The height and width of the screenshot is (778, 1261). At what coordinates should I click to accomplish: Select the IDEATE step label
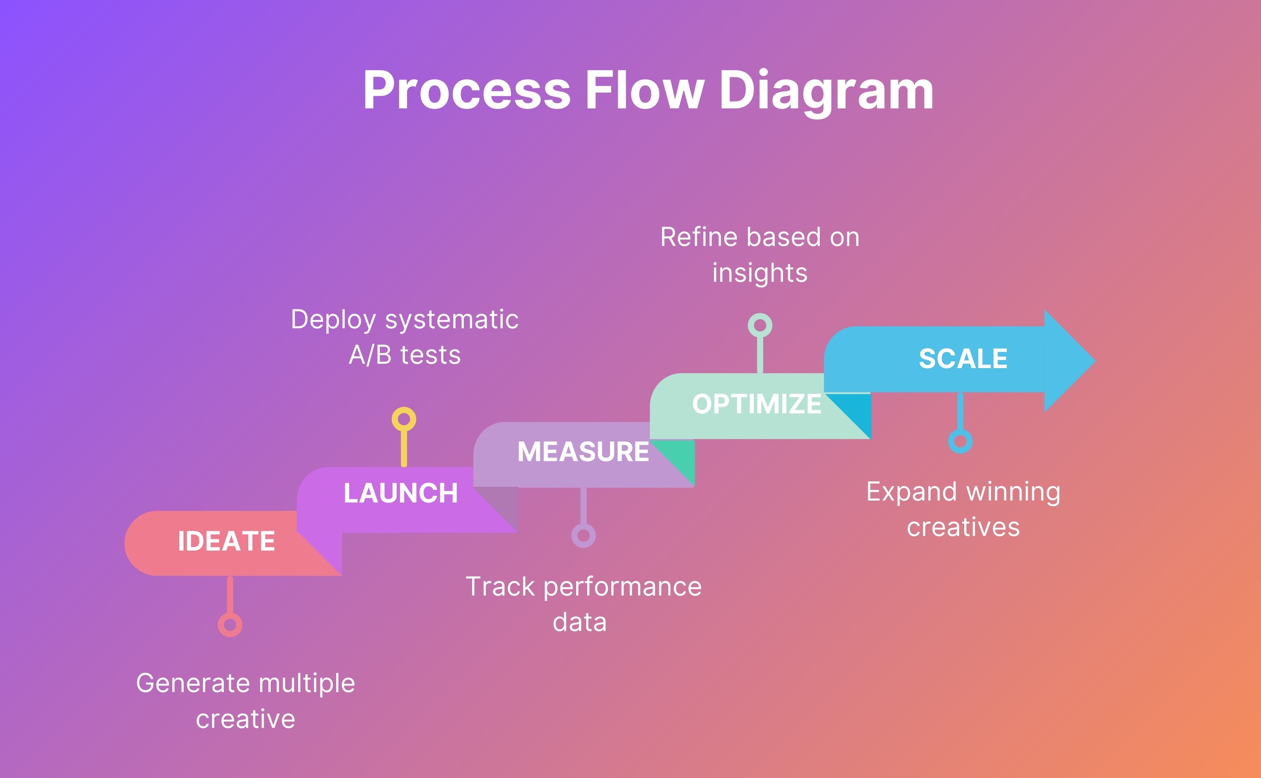pyautogui.click(x=226, y=541)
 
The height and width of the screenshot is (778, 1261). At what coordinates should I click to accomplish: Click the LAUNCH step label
pyautogui.click(x=401, y=493)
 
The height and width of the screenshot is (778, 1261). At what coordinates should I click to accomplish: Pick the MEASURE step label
pyautogui.click(x=583, y=452)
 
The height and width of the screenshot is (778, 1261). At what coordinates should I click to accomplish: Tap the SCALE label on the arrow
pyautogui.click(x=963, y=359)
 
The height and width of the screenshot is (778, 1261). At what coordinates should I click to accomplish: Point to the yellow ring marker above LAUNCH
pyautogui.click(x=404, y=419)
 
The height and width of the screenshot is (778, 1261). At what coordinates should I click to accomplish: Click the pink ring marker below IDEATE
pyautogui.click(x=230, y=625)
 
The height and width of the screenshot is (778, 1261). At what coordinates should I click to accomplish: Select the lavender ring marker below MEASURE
pyautogui.click(x=584, y=536)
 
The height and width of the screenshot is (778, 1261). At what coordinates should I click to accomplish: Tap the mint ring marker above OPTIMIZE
pyautogui.click(x=760, y=325)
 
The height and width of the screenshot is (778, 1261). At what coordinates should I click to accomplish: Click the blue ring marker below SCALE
pyautogui.click(x=960, y=441)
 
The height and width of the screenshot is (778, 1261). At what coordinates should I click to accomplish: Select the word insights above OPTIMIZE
pyautogui.click(x=759, y=273)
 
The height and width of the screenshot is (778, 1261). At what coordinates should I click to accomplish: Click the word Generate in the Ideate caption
pyautogui.click(x=193, y=683)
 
